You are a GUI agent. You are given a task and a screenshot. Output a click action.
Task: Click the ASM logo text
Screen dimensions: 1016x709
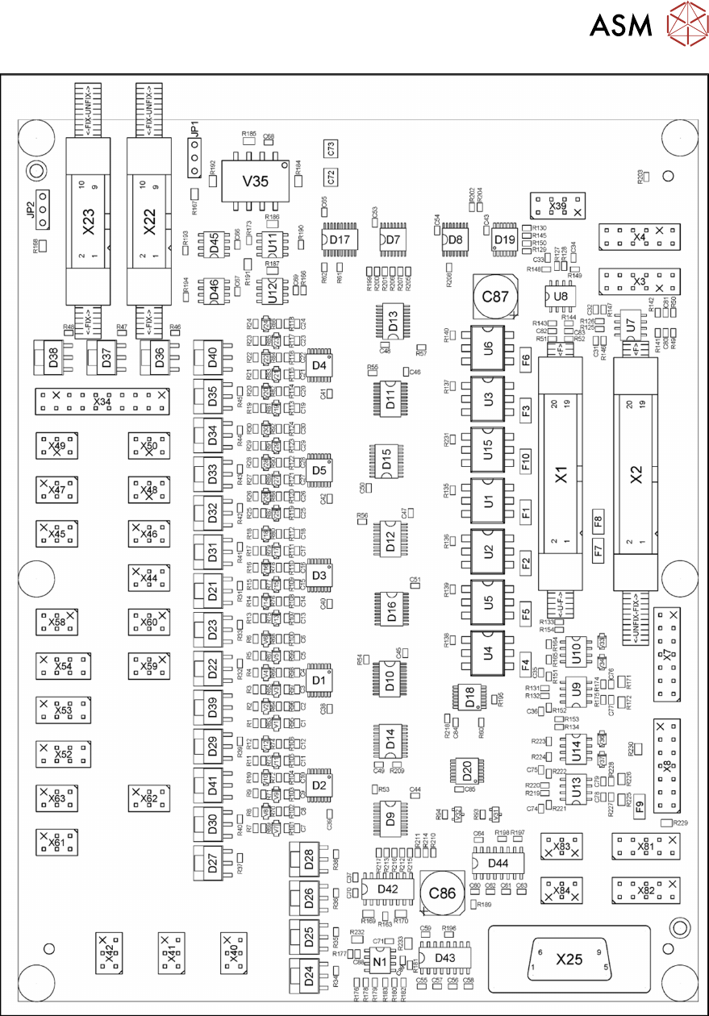(x=620, y=26)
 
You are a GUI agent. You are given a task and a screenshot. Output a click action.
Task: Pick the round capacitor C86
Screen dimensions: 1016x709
(x=444, y=893)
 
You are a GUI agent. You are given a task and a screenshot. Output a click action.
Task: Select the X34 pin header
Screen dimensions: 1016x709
(x=102, y=400)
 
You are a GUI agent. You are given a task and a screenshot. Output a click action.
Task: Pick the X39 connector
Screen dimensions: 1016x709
(x=557, y=206)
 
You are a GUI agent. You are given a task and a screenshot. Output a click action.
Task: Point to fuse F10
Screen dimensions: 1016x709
(x=525, y=460)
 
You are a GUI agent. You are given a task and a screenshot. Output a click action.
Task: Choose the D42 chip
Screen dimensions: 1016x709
(x=388, y=889)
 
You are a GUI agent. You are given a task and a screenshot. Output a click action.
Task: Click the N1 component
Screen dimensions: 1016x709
(x=378, y=961)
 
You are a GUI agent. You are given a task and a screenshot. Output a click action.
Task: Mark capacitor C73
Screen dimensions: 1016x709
(x=331, y=148)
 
